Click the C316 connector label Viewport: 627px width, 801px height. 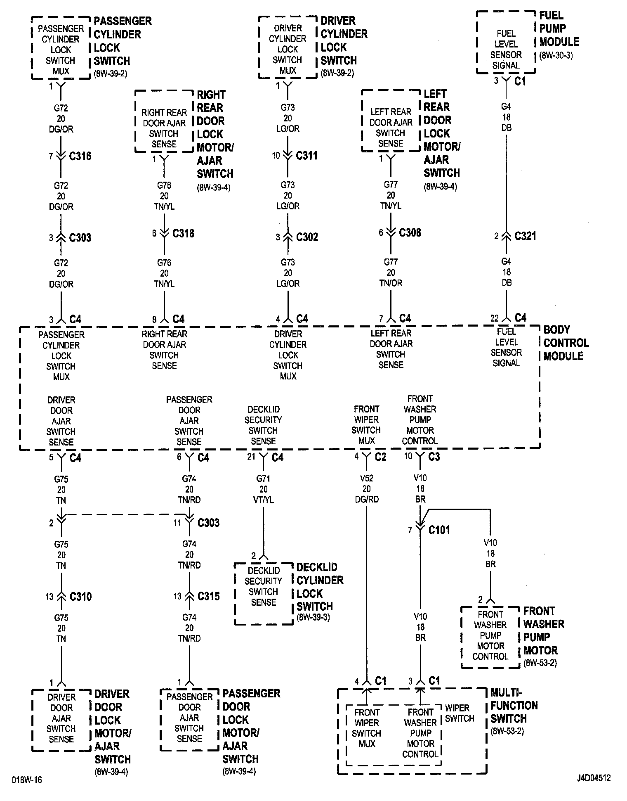coord(80,156)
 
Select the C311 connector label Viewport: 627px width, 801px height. coord(306,156)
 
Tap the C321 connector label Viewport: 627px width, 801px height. coord(525,236)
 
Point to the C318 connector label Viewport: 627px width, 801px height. coord(183,233)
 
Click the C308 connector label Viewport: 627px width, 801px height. coord(410,232)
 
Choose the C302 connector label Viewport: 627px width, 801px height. coord(307,237)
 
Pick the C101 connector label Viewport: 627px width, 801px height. coord(439,530)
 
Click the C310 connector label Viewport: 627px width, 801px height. coord(80,596)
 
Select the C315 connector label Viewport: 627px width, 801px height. coord(208,596)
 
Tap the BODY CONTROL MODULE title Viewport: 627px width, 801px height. coord(566,343)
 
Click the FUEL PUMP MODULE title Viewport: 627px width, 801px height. coord(559,28)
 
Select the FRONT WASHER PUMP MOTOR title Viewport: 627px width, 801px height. coord(543,630)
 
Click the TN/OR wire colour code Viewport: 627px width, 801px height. coord(391,283)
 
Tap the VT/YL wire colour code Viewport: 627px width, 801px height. coord(263,500)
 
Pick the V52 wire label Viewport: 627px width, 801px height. coord(366,478)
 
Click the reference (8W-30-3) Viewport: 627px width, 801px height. coord(556,55)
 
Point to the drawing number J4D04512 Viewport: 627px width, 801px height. coord(594,778)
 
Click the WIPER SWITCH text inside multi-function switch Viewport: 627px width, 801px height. coord(460,713)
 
